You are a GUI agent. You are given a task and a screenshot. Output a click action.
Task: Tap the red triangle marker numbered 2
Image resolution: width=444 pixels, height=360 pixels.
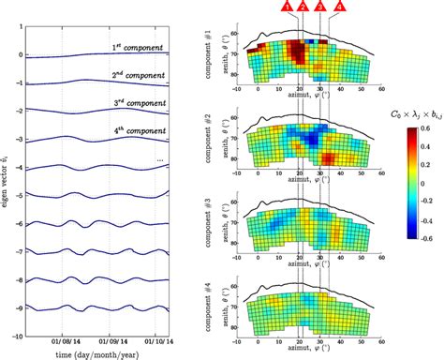click(302, 7)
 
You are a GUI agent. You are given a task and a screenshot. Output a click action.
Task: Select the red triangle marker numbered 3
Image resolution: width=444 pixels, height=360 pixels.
click(321, 7)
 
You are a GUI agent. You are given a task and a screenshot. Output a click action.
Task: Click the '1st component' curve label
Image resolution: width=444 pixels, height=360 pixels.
click(139, 47)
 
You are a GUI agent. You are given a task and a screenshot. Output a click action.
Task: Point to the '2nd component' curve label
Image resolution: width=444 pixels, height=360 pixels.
click(139, 76)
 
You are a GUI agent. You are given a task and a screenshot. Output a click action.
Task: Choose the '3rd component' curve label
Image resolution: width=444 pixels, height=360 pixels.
click(139, 104)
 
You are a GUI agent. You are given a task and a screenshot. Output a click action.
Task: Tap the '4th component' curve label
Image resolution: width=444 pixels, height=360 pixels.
click(139, 132)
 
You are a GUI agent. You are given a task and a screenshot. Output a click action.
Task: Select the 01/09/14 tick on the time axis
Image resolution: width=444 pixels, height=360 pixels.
click(110, 329)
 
